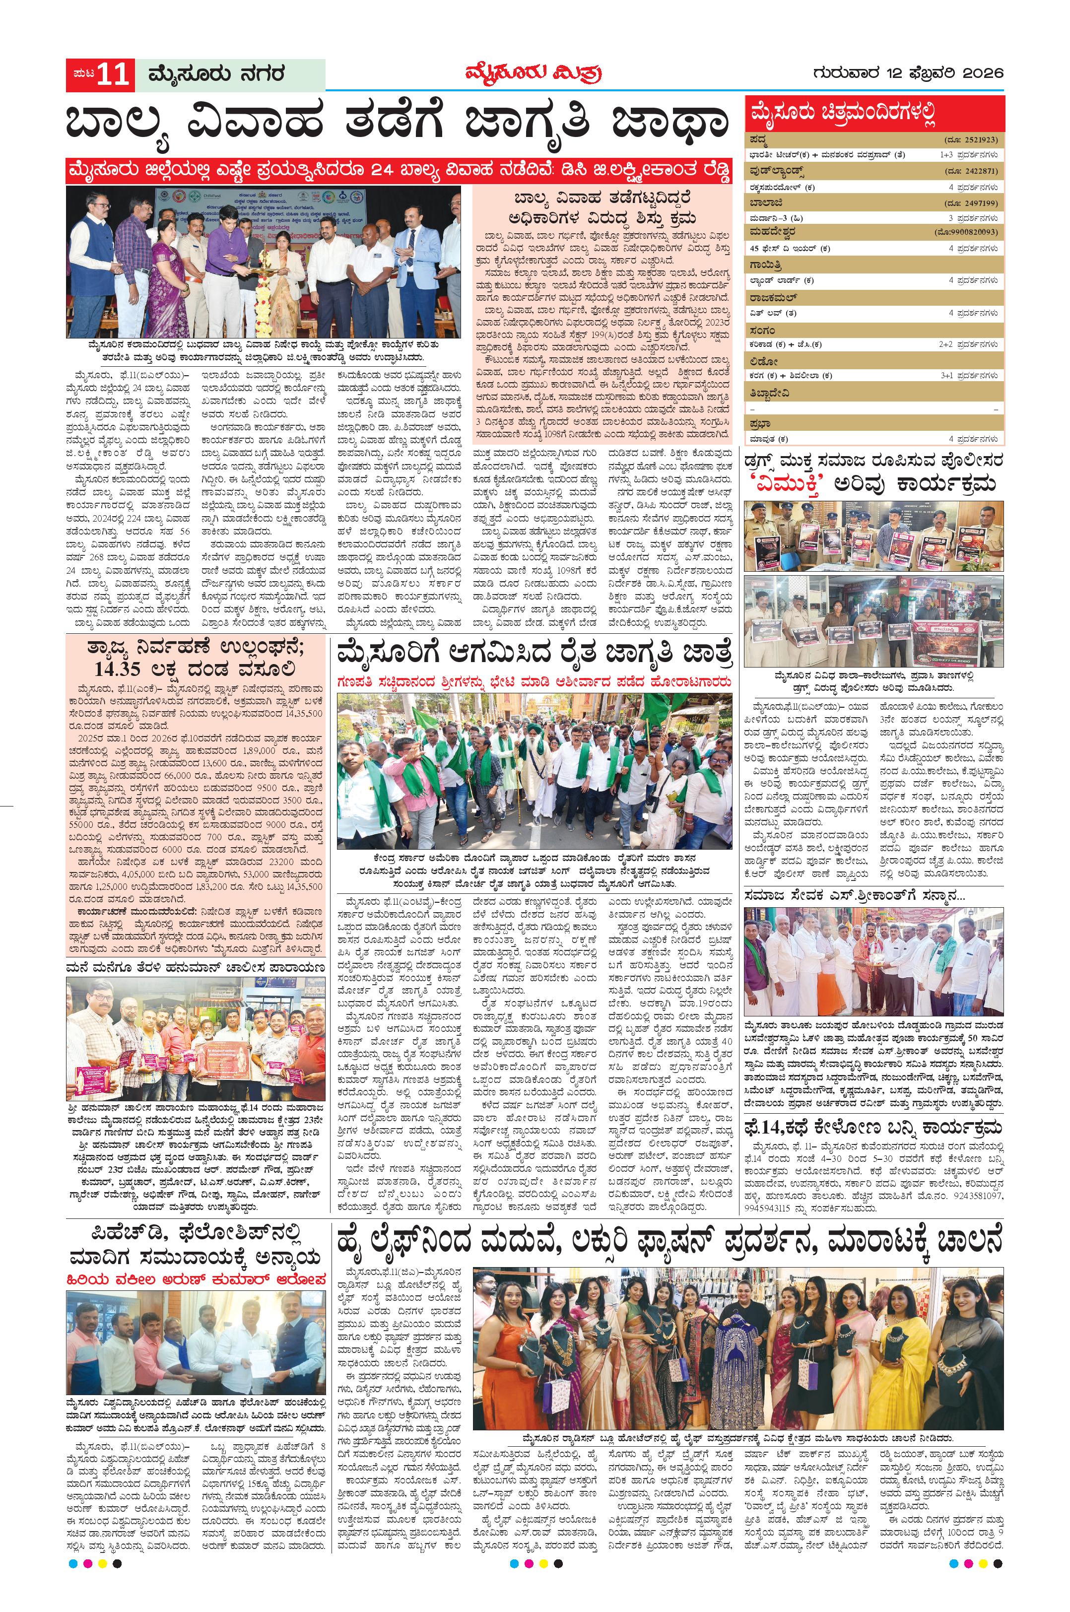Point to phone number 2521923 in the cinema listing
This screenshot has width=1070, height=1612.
point(979,140)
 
